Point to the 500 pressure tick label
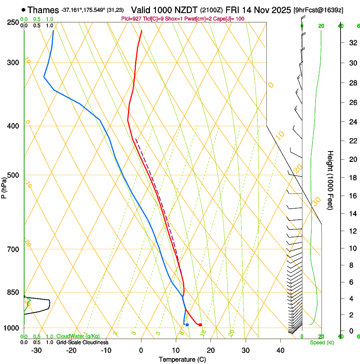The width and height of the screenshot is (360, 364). point(14,175)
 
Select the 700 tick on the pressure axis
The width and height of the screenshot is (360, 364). point(14,249)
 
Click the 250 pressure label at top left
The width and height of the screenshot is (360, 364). point(14,22)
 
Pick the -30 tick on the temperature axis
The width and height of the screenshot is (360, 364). point(36,350)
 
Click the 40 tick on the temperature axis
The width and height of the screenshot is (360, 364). point(280,350)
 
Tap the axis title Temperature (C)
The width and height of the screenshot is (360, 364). point(182,359)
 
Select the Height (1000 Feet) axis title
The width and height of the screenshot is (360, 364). point(330,180)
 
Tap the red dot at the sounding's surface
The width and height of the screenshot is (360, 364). point(200,325)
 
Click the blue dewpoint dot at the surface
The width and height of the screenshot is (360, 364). point(187,325)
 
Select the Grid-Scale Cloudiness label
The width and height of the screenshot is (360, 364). point(82,342)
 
